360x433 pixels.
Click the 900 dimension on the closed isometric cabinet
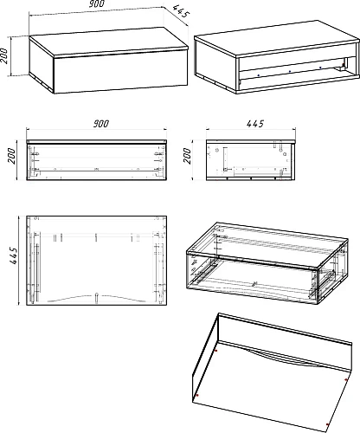[x=97, y=3]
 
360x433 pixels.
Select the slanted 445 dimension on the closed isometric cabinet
[x=181, y=11]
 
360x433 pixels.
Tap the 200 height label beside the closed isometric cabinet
[x=3, y=56]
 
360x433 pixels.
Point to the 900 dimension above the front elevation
[x=101, y=124]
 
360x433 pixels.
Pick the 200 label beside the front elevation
[x=11, y=156]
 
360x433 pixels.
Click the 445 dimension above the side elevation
[x=255, y=124]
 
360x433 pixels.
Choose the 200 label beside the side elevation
[x=188, y=156]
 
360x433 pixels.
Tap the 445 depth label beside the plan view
[x=14, y=255]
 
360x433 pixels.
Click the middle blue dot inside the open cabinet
[x=290, y=71]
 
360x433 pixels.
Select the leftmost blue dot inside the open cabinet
[x=259, y=75]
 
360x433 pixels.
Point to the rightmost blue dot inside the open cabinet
[x=320, y=68]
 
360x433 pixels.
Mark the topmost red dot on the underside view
[x=216, y=351]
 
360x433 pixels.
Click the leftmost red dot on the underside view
[x=197, y=395]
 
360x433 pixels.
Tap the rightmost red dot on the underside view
[x=346, y=380]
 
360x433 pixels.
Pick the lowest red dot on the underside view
[x=327, y=424]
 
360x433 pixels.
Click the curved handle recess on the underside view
[x=283, y=359]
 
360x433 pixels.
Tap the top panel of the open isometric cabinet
[x=277, y=37]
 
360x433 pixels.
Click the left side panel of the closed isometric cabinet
[x=42, y=63]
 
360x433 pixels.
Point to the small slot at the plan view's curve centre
[x=97, y=298]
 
